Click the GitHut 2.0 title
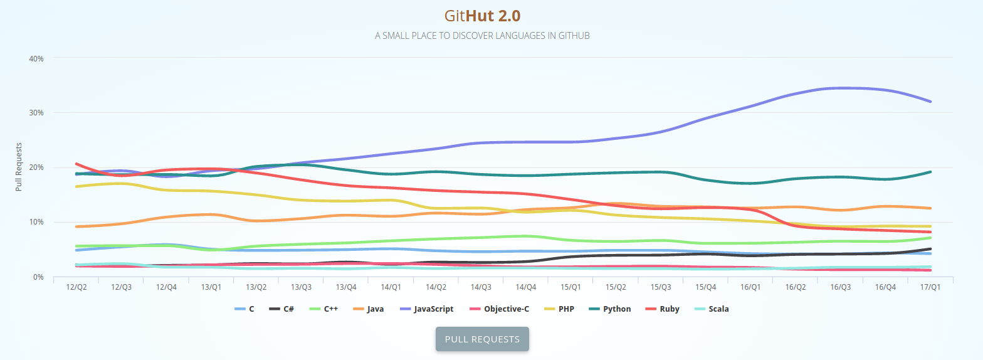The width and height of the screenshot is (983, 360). pyautogui.click(x=482, y=16)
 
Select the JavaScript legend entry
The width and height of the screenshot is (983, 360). pyautogui.click(x=426, y=309)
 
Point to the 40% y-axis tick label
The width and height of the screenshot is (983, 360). pyautogui.click(x=36, y=58)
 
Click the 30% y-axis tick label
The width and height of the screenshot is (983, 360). pyautogui.click(x=36, y=113)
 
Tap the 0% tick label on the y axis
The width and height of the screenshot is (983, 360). pyautogui.click(x=38, y=277)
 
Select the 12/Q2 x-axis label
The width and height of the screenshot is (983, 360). pyautogui.click(x=76, y=287)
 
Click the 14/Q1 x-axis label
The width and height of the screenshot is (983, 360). pyautogui.click(x=391, y=287)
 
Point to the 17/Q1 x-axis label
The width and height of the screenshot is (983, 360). pyautogui.click(x=930, y=287)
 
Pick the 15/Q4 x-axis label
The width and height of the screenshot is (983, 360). pyautogui.click(x=705, y=287)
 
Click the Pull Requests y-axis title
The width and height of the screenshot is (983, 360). pyautogui.click(x=19, y=167)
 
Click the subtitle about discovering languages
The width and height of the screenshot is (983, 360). pyautogui.click(x=482, y=36)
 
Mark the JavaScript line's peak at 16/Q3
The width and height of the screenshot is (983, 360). pyautogui.click(x=841, y=88)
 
